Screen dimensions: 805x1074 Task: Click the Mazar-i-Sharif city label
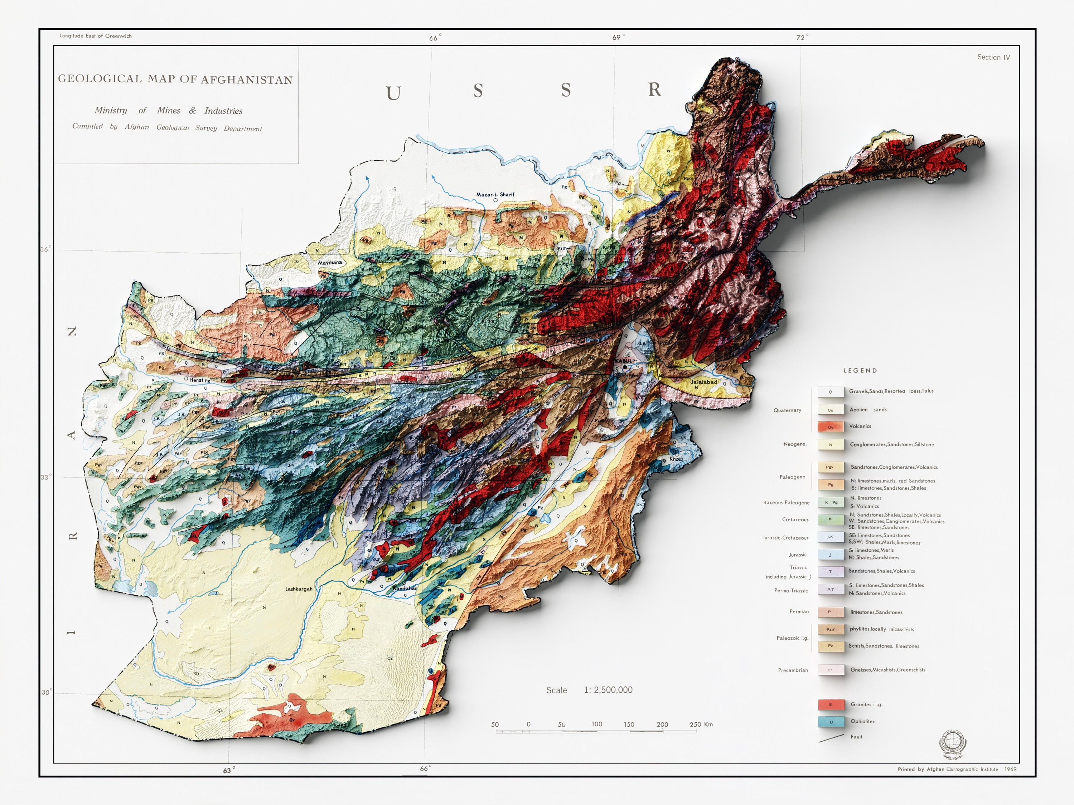495,195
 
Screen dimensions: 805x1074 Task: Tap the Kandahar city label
405,588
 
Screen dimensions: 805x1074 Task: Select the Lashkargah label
299,589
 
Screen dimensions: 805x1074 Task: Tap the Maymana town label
330,263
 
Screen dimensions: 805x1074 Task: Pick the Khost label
676,459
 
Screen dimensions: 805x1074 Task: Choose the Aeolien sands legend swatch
830,410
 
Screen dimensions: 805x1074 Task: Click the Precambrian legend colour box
830,670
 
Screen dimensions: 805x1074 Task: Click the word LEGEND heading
860,371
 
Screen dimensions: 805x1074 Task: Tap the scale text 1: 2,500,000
608,690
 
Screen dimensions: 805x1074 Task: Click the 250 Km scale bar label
701,724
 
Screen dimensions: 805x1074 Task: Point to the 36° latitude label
45,249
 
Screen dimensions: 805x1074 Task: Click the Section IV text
993,57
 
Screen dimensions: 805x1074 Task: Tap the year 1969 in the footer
1010,769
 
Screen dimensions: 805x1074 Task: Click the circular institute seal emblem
953,742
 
